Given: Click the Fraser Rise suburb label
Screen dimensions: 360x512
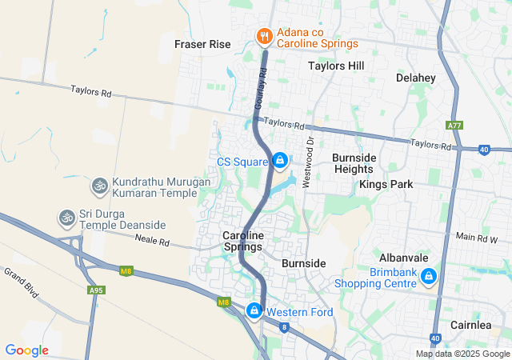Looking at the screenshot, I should [x=202, y=45].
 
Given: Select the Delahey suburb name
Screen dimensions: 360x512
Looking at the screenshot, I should [x=415, y=78].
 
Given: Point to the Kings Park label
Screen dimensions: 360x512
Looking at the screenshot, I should [x=386, y=184].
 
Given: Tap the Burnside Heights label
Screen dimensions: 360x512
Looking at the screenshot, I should [x=354, y=164].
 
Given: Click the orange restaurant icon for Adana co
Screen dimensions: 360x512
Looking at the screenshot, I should [x=264, y=36].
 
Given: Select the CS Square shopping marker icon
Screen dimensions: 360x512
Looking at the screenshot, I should [x=280, y=162].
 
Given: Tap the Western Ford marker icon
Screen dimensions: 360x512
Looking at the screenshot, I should [x=254, y=310].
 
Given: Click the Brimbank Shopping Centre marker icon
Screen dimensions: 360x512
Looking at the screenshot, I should [x=429, y=277].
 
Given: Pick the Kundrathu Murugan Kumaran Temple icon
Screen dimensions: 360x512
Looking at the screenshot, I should [x=100, y=186].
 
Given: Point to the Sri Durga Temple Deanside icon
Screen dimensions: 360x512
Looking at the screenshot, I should [x=66, y=217].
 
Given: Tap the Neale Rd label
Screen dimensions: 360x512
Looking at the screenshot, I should [x=152, y=241].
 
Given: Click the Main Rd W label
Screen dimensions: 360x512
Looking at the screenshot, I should [x=477, y=237].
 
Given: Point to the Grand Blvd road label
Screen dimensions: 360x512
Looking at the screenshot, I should [x=22, y=282].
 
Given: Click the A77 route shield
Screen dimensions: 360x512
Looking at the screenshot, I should [x=454, y=126].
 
